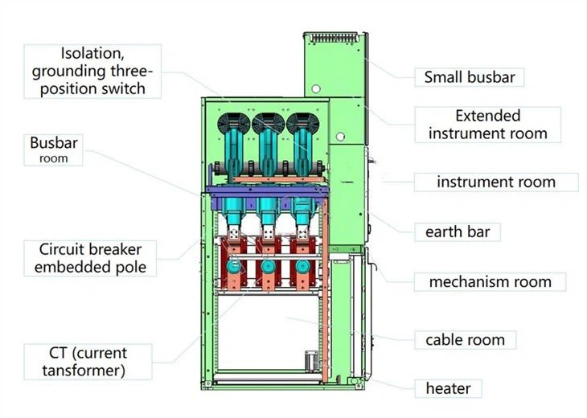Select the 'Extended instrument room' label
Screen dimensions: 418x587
(487, 125)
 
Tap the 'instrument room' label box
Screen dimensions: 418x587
(495, 182)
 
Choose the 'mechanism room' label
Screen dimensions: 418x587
(490, 281)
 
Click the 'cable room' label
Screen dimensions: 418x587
(465, 339)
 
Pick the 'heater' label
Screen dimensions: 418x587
(447, 388)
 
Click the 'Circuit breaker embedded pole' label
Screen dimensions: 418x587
(91, 257)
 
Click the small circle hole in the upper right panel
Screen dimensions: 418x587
(317, 88)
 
